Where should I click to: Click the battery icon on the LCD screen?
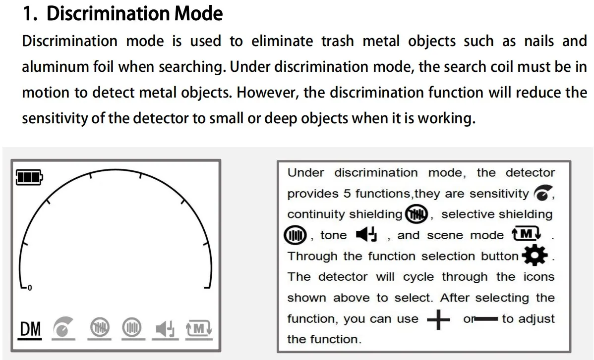[29, 176]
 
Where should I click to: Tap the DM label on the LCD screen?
[30, 329]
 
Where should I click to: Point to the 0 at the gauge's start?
[30, 288]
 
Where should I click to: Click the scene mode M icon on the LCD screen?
[199, 328]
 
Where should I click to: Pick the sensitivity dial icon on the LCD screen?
[62, 328]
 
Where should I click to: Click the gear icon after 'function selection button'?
[535, 256]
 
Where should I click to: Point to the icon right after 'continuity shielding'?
[416, 214]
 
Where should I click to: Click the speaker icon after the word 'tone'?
[367, 235]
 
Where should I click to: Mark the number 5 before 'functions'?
[347, 194]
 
